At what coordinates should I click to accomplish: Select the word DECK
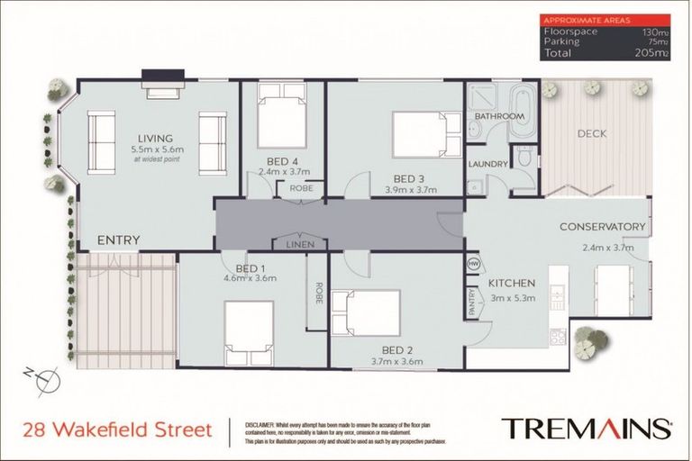point(591,134)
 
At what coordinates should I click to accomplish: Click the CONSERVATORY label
point(603,226)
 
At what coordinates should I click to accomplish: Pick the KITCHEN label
point(512,282)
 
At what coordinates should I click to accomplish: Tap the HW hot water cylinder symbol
point(473,263)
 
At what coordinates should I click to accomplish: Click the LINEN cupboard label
point(300,245)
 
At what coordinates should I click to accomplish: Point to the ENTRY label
point(118,240)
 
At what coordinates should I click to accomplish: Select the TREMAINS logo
point(585,428)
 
